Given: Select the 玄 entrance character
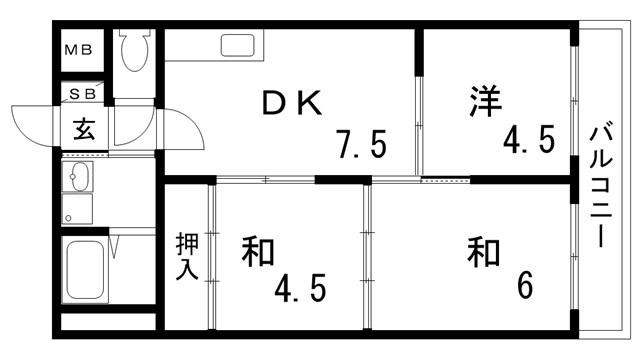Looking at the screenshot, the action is tap(83, 129).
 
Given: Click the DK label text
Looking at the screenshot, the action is tap(291, 102).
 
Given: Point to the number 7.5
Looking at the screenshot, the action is tap(362, 146).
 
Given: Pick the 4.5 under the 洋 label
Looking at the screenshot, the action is tap(528, 138).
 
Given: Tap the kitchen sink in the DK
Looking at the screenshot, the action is tap(238, 46).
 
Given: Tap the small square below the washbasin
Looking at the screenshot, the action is tap(70, 214).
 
